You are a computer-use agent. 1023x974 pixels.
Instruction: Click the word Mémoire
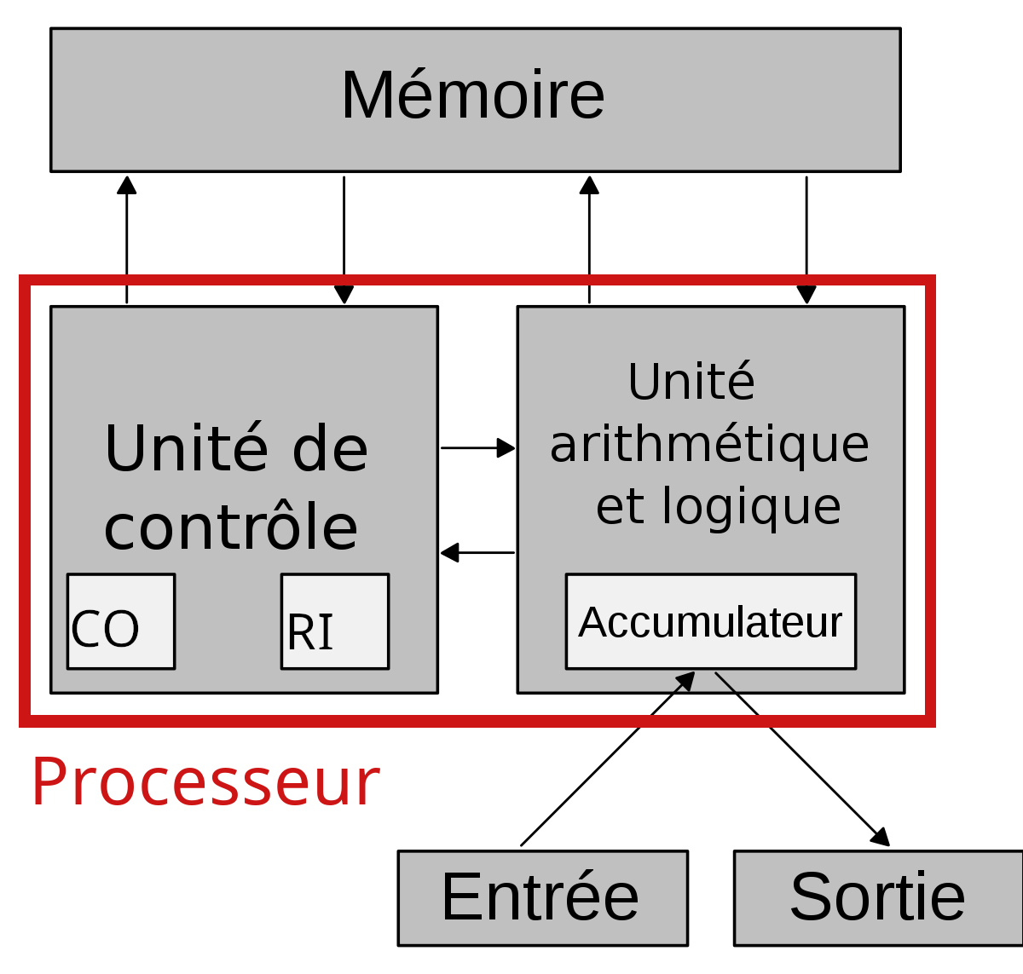(x=472, y=95)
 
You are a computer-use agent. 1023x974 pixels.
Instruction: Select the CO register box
(x=121, y=621)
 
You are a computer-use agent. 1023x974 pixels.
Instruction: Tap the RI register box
(x=335, y=621)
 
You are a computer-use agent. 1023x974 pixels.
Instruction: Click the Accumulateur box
(x=711, y=621)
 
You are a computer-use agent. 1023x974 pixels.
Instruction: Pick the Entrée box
(x=543, y=898)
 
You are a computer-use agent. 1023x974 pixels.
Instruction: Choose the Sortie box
(x=878, y=898)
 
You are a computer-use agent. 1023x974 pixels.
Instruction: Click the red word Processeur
(x=205, y=782)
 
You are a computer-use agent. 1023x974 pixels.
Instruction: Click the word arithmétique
(x=709, y=446)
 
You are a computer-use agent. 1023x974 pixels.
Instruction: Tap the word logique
(x=751, y=507)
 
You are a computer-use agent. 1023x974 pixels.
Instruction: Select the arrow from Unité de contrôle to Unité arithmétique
(x=477, y=447)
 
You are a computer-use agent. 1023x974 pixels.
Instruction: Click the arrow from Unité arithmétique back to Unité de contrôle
(x=477, y=552)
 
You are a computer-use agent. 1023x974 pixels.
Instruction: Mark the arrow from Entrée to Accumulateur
(x=608, y=758)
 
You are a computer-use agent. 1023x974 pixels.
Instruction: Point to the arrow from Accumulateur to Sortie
(x=802, y=759)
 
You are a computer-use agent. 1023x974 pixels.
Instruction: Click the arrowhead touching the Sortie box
(x=881, y=837)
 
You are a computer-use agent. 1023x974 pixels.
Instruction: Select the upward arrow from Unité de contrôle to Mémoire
(x=126, y=239)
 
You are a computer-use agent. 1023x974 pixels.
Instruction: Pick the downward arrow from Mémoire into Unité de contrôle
(x=344, y=239)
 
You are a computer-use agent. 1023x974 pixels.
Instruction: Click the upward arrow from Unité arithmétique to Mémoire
(x=589, y=239)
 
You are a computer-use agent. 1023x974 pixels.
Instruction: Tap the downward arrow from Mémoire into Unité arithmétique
(x=806, y=239)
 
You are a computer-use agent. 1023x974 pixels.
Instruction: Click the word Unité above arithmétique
(x=691, y=382)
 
